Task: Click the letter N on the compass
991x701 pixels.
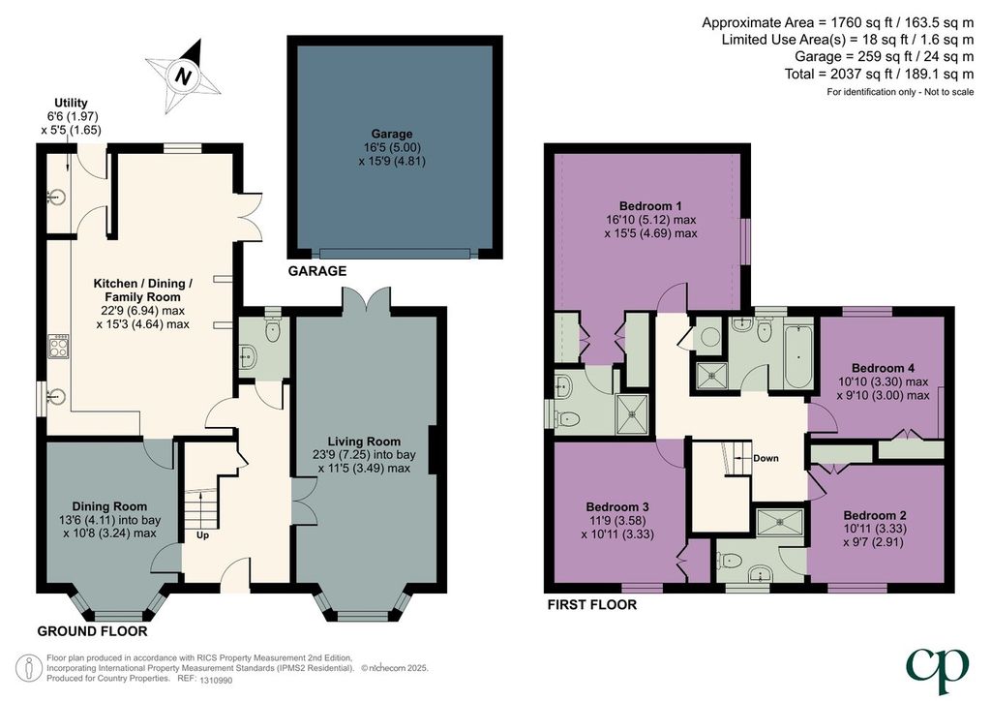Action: [183, 77]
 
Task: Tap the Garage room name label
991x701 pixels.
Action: [392, 134]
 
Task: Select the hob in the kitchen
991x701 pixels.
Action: [58, 347]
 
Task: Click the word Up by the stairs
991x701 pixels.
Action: [203, 535]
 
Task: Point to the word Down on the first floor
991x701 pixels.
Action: [766, 458]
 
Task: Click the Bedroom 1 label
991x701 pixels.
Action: [650, 206]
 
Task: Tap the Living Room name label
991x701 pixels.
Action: [364, 442]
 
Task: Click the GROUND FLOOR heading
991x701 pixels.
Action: [92, 631]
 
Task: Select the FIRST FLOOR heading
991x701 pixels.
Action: [591, 605]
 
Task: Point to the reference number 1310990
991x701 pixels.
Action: [216, 681]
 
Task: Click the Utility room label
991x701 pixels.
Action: [71, 103]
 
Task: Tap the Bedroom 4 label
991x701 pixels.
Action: [883, 368]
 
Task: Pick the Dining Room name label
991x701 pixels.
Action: [109, 506]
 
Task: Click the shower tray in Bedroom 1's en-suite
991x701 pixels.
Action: [633, 414]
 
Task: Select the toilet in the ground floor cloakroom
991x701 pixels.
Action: [273, 330]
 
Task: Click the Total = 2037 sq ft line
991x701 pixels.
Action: [879, 74]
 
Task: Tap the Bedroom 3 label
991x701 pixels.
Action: [617, 507]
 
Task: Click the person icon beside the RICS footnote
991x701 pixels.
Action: [28, 669]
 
